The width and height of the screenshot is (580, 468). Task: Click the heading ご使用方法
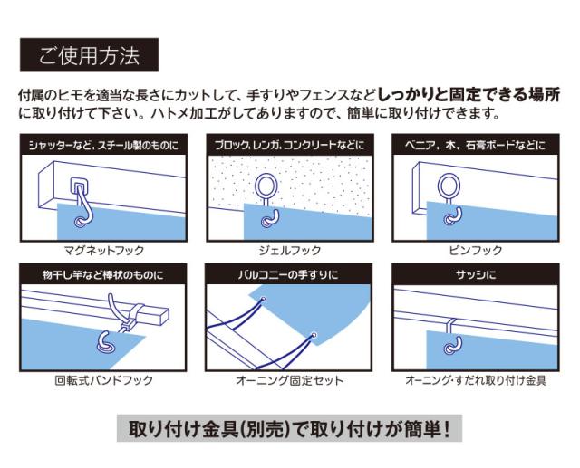(89, 55)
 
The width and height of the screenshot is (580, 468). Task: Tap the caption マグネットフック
(104, 251)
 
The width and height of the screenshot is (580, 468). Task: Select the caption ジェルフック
(290, 251)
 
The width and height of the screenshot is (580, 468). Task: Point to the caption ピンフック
(476, 251)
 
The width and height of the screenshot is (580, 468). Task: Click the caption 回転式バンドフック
(104, 380)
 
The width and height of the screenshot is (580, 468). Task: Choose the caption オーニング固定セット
(290, 380)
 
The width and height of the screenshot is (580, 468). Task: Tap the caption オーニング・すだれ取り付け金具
(476, 380)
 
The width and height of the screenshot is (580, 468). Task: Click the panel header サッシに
(476, 275)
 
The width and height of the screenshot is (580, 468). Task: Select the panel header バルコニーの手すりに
(288, 275)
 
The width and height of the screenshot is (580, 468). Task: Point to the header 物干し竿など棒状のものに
(102, 275)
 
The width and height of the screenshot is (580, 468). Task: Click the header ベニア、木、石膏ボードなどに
(476, 145)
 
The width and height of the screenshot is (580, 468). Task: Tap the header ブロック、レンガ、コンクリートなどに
(290, 145)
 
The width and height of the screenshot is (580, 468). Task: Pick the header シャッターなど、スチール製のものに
(104, 145)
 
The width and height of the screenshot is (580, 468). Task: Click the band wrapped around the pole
(134, 314)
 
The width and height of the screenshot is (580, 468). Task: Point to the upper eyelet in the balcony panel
(264, 299)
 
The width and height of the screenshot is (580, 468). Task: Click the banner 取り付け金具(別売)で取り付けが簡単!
(290, 429)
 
